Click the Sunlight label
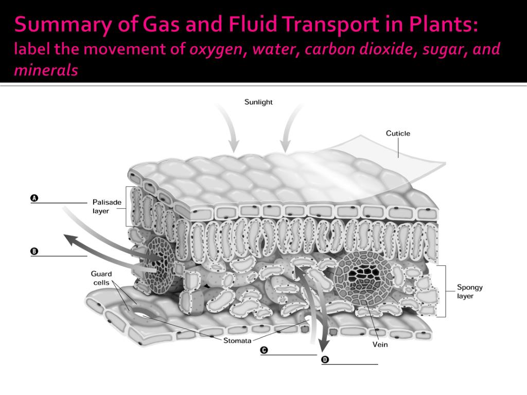[258, 102]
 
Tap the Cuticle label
[398, 133]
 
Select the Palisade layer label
[107, 206]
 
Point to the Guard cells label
[101, 278]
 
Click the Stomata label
[237, 340]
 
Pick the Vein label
[380, 345]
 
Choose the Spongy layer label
[470, 292]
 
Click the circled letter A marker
[34, 198]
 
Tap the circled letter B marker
[34, 251]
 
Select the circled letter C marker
[264, 350]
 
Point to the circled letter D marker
[325, 359]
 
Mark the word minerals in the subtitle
[46, 70]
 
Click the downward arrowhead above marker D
[324, 344]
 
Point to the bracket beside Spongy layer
[444, 291]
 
